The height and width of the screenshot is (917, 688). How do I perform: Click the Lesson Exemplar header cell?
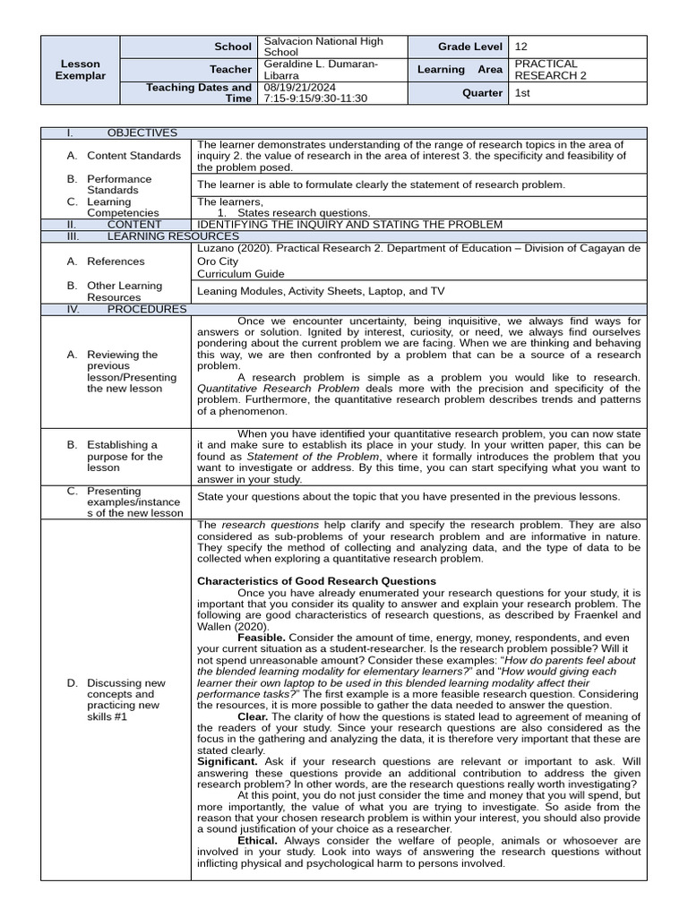(82, 70)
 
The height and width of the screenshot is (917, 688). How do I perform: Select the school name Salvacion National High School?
(323, 47)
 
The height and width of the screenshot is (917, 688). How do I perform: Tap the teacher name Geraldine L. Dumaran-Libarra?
(320, 70)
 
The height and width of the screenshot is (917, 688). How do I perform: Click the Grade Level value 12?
(521, 47)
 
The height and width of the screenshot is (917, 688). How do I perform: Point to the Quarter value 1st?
(522, 93)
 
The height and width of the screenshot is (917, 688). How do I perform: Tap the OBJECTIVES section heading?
(142, 133)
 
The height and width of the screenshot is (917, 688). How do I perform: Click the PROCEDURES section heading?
(147, 309)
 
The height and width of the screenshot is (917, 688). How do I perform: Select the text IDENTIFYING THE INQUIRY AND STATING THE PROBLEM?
(349, 225)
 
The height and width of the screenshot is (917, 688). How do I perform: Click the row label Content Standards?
(133, 156)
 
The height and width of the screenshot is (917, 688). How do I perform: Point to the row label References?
(116, 261)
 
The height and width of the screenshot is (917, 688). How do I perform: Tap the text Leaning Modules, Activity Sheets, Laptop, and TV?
(320, 291)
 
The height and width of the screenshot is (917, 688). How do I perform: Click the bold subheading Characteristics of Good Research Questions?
(316, 581)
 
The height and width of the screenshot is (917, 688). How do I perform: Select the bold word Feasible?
(262, 638)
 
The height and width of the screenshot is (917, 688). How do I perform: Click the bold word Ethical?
(258, 841)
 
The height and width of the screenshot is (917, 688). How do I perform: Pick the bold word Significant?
(228, 761)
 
